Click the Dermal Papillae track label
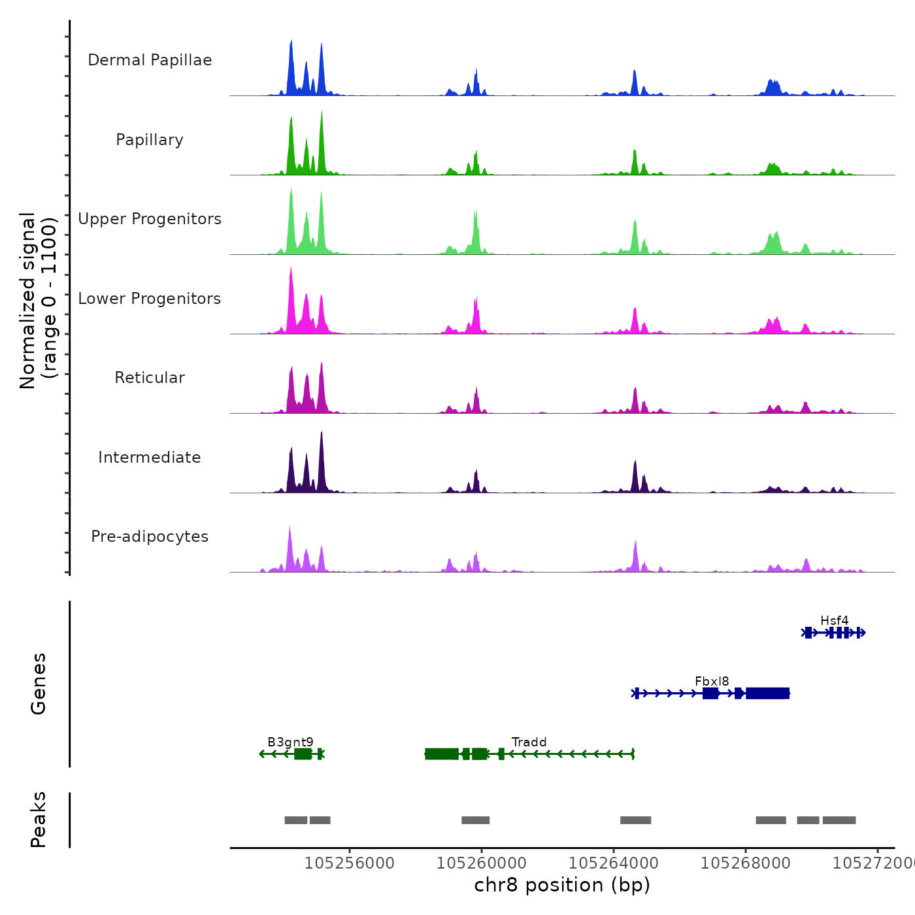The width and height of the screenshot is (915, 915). click(150, 60)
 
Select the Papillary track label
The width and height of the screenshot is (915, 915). click(150, 140)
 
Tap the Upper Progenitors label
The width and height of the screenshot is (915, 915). click(150, 219)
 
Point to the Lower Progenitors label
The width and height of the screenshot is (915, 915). click(150, 299)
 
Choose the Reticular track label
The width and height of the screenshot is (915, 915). click(150, 378)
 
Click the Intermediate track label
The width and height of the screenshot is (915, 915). click(150, 457)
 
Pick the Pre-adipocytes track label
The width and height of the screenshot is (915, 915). click(150, 537)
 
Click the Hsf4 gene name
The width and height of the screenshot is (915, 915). click(834, 620)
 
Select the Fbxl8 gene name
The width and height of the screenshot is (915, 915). click(712, 681)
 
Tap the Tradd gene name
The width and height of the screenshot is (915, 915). click(529, 742)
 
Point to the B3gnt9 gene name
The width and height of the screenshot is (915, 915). click(290, 742)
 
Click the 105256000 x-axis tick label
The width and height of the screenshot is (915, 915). click(350, 863)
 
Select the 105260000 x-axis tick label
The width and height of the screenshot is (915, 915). click(482, 863)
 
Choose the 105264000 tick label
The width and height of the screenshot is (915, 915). click(614, 863)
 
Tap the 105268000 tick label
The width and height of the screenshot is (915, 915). click(746, 863)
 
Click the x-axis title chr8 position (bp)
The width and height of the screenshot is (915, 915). click(562, 885)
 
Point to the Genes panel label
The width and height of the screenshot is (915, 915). click(38, 684)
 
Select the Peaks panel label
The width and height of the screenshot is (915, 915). click(38, 820)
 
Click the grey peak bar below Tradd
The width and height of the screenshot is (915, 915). click(475, 820)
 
